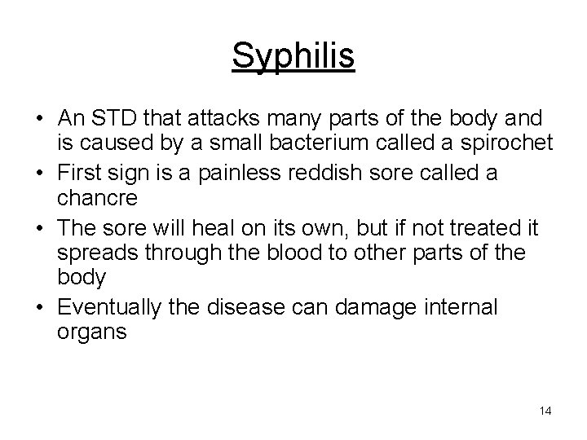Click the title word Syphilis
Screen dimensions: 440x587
[x=293, y=56]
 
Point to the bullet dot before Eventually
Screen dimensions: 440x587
[x=40, y=306]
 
